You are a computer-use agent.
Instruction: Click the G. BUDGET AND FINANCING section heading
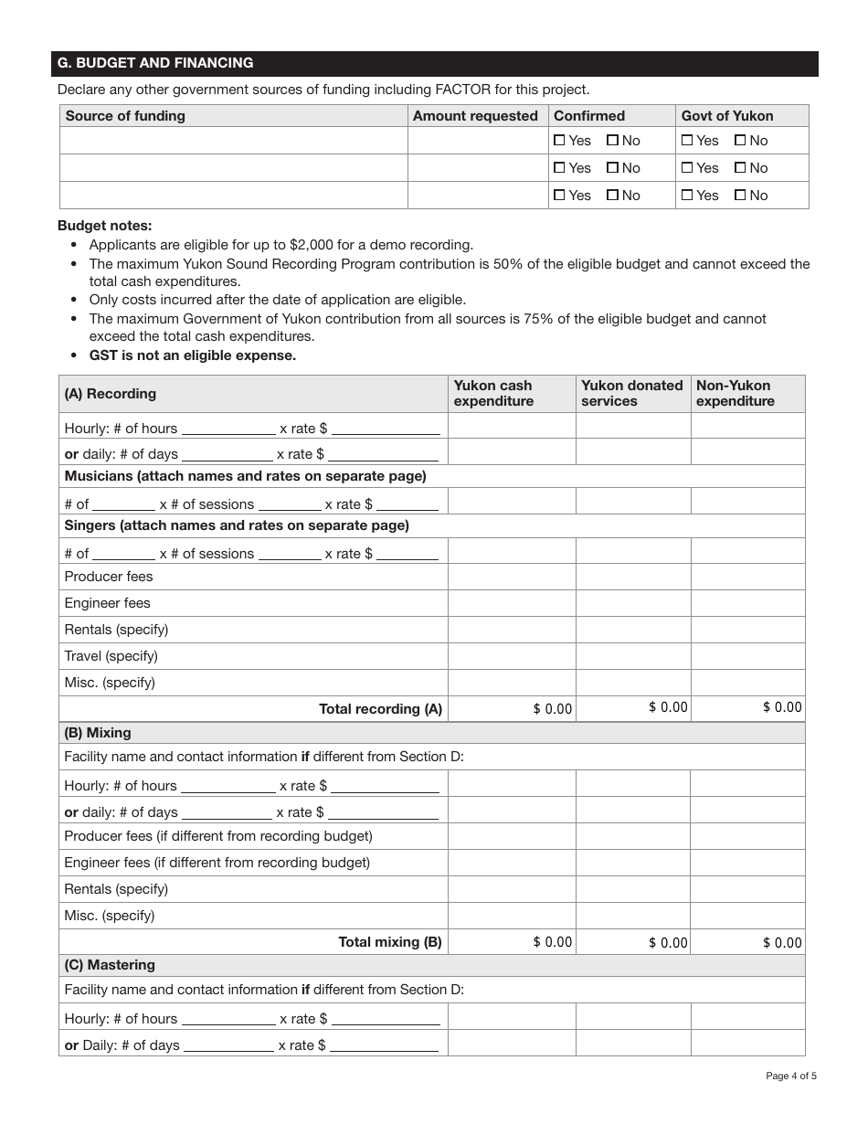coord(155,63)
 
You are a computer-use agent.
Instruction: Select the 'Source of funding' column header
coord(125,116)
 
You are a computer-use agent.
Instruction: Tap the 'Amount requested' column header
coord(475,116)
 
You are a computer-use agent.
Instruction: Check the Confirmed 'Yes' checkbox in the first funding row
coord(559,141)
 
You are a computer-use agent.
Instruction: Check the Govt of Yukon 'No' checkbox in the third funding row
coord(741,196)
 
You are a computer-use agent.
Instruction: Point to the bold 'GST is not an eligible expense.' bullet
coord(192,355)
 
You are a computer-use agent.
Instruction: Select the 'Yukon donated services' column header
coord(631,393)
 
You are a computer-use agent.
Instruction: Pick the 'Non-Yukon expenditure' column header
coord(735,393)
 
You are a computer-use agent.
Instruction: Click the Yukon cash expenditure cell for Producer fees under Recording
coord(512,577)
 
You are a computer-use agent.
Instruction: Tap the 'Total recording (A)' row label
coord(380,709)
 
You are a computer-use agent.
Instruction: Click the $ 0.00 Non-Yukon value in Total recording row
coord(782,707)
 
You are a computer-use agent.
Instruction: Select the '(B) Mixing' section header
coord(98,733)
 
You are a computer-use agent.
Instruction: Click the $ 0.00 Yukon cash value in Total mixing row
coord(553,942)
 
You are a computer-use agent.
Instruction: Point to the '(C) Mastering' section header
coord(110,965)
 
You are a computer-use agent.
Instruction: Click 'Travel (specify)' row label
coord(111,656)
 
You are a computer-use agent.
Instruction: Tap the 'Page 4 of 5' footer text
coord(790,1076)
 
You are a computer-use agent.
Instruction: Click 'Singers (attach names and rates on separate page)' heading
coord(237,525)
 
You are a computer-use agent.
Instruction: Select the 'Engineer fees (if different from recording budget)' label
coord(217,863)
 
